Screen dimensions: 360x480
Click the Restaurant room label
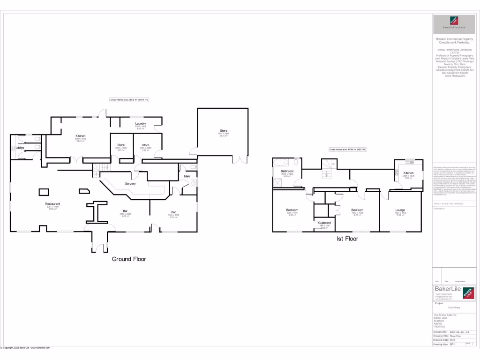point(52,204)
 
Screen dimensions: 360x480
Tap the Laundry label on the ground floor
point(141,124)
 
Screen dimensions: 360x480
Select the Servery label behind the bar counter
point(130,184)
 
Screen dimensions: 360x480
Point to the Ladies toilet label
point(20,148)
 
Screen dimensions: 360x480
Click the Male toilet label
point(187,176)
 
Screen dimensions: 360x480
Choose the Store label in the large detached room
point(224,131)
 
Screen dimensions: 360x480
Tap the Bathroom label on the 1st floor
point(287,171)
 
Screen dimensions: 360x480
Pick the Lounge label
point(400,210)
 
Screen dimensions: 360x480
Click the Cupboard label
point(324,223)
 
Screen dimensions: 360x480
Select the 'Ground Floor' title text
point(129,259)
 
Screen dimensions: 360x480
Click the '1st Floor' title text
point(347,239)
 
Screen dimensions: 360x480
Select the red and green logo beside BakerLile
point(468,293)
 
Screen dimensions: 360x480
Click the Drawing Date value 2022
point(452,340)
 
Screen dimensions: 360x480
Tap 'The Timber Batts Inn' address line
point(445,315)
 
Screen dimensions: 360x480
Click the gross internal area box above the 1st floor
point(347,150)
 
